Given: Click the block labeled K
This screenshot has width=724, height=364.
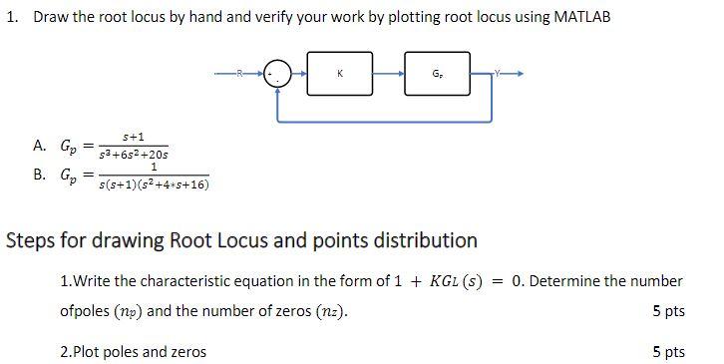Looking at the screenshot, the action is click(x=340, y=74).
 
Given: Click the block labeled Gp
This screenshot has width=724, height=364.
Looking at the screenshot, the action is click(x=437, y=74).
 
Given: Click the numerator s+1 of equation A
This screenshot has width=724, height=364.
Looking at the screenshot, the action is click(x=134, y=136).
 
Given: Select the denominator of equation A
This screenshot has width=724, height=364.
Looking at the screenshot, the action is click(x=134, y=155).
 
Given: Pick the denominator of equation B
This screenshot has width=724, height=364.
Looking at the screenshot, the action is click(x=153, y=184).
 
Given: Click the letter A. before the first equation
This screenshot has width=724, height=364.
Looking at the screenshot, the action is click(x=40, y=146).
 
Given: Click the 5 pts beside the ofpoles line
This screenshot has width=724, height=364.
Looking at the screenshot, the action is click(x=668, y=311).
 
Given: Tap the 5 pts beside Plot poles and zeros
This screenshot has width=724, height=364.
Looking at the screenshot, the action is click(x=668, y=351).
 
